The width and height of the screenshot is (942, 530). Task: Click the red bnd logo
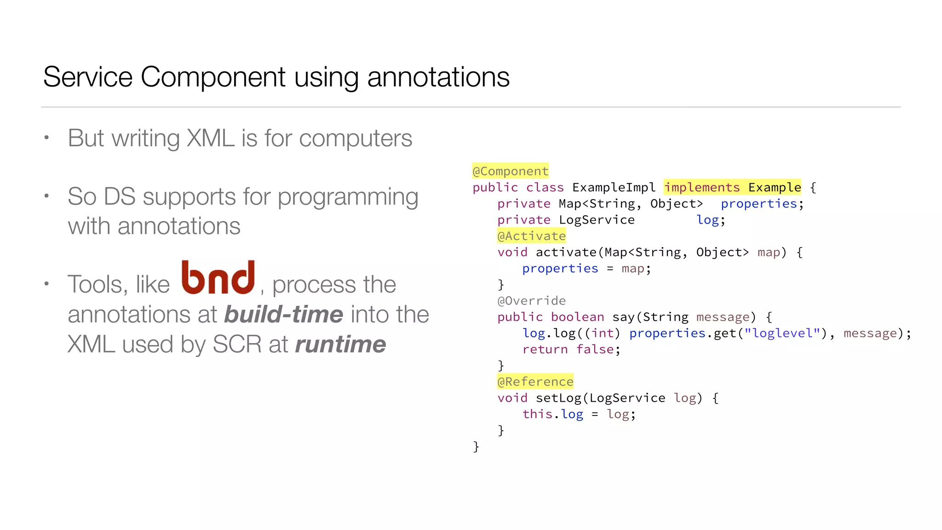[x=218, y=277]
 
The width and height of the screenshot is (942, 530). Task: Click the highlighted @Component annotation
[x=510, y=171]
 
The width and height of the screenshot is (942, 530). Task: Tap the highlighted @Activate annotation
[x=531, y=236]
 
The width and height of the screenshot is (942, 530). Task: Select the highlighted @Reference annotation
[x=535, y=381]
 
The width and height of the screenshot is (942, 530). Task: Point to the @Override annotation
[x=531, y=301]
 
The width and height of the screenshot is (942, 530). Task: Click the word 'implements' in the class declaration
[x=701, y=187]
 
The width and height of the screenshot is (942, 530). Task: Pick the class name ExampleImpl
[x=614, y=187]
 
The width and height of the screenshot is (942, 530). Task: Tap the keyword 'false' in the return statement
[x=595, y=349]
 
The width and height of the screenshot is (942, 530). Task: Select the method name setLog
[x=558, y=398]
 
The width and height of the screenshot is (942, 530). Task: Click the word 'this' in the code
[x=537, y=414]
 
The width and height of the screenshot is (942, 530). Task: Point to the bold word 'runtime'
[x=340, y=345]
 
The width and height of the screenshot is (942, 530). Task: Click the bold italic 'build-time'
[x=283, y=315]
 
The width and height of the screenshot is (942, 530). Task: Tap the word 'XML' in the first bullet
[x=210, y=138]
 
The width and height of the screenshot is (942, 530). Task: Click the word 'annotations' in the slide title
[x=438, y=77]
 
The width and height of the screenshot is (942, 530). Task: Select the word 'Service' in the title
[x=88, y=77]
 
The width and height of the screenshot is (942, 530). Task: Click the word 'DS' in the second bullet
[x=120, y=196]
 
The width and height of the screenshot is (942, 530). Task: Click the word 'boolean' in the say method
[x=577, y=317]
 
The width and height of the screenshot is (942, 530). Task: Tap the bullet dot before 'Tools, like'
[x=46, y=284]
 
